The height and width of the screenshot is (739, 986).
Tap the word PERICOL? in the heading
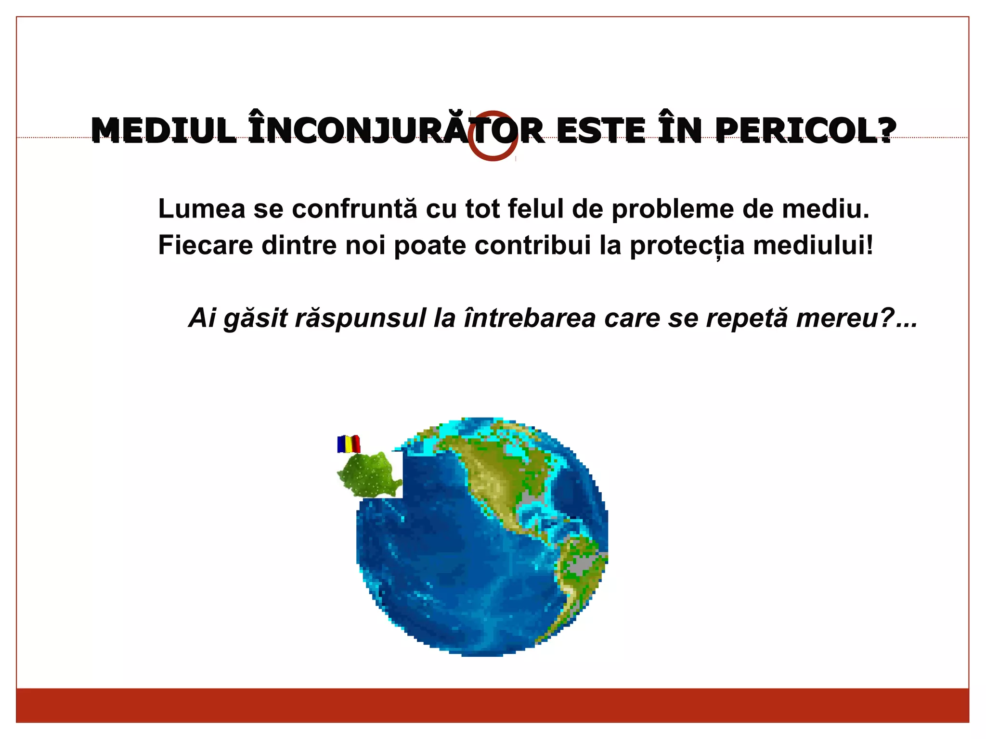click(x=805, y=130)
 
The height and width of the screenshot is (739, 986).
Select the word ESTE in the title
click(x=601, y=130)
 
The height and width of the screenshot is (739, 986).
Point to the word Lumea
click(x=202, y=209)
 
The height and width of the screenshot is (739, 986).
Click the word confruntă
click(x=354, y=209)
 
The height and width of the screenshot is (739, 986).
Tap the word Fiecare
click(x=206, y=245)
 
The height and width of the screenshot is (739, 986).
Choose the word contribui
click(x=532, y=245)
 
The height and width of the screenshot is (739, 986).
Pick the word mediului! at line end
click(x=813, y=245)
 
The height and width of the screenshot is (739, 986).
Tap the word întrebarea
click(x=530, y=318)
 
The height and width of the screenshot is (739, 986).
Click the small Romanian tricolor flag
click(x=349, y=444)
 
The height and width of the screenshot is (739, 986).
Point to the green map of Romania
click(x=368, y=475)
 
